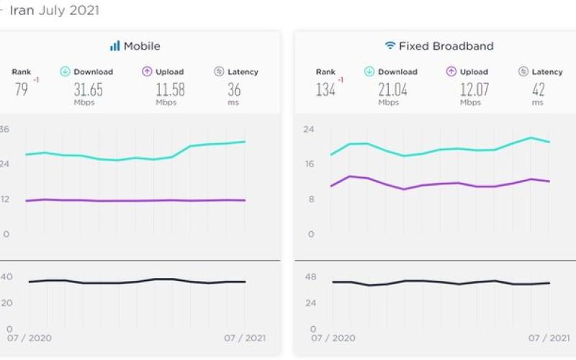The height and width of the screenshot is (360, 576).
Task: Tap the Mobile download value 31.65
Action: point(88,90)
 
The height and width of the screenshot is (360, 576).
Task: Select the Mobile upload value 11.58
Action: point(170,90)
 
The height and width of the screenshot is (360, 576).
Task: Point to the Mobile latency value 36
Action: point(234,90)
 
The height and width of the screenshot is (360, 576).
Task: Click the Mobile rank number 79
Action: point(21,90)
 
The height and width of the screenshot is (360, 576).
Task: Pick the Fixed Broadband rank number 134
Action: point(325,90)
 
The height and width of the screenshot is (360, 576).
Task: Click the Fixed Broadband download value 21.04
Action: point(392,90)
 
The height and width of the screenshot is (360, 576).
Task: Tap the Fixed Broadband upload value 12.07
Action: point(474,90)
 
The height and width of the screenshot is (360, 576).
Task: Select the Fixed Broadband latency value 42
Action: point(538,90)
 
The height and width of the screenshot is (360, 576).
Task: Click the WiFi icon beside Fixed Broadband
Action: point(390,46)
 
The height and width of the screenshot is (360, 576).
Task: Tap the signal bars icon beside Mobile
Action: point(114,46)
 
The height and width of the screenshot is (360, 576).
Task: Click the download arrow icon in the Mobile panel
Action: point(64,72)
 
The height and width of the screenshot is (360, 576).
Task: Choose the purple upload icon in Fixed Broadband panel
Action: point(451,72)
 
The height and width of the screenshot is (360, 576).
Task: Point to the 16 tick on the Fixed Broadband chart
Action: point(308,164)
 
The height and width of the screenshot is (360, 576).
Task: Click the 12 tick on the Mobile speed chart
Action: point(4,199)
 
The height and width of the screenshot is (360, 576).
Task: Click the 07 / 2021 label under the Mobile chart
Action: point(246,338)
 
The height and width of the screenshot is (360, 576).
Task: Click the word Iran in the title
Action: point(22,11)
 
